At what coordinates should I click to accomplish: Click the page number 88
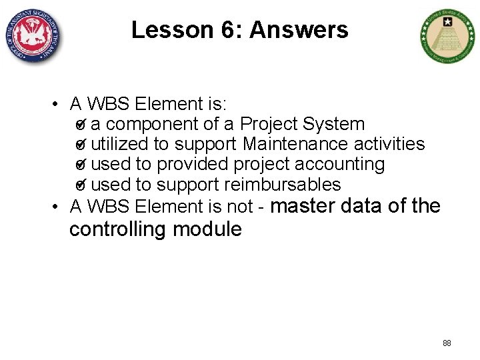coord(447,343)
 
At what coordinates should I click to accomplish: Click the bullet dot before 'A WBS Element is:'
coord(59,105)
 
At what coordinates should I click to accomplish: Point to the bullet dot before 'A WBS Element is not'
coord(59,207)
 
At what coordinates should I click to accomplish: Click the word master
coord(303,206)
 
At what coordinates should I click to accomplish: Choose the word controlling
coord(118,229)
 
